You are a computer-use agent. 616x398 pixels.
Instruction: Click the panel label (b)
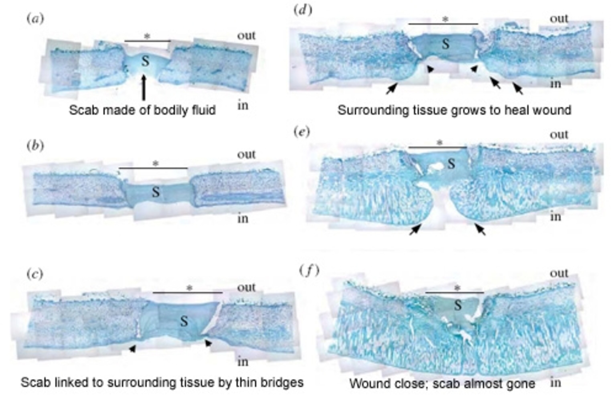(x=35, y=146)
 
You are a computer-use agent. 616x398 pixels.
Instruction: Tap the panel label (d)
(x=303, y=10)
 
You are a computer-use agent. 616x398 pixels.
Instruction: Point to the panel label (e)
(x=302, y=132)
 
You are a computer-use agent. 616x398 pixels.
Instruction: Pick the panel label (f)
(x=309, y=271)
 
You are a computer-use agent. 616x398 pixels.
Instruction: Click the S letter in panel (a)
(x=145, y=62)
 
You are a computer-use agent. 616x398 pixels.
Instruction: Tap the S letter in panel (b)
(x=156, y=192)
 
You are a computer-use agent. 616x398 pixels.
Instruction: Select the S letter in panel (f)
(x=458, y=306)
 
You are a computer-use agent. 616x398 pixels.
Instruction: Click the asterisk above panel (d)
(x=445, y=19)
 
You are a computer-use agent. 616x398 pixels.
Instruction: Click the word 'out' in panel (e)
(x=559, y=135)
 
